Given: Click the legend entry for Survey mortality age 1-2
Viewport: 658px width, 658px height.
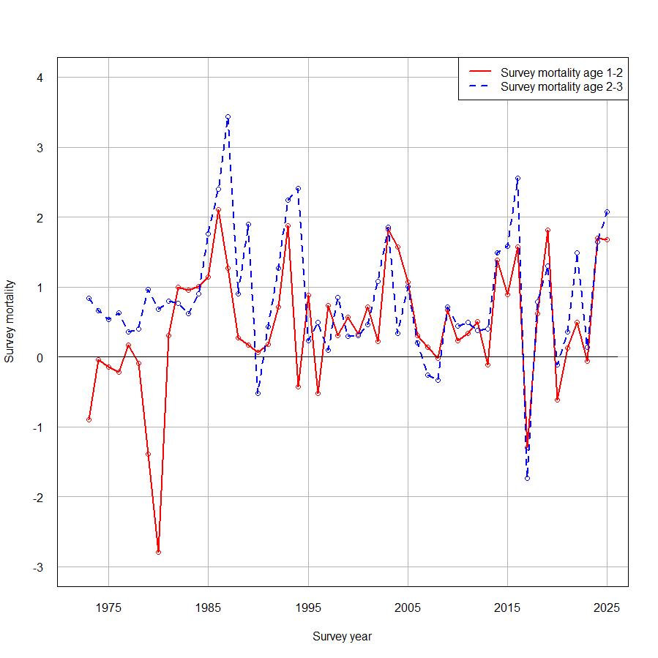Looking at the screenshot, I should [561, 72].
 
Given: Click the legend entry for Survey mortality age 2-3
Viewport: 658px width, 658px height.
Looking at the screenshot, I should [561, 86].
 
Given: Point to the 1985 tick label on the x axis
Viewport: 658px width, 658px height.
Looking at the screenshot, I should [209, 607].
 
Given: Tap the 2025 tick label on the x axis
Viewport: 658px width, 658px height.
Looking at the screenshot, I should [607, 607].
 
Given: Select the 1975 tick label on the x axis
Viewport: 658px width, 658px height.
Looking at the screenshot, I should [109, 607].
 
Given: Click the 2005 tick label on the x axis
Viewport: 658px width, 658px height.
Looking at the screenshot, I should [408, 607].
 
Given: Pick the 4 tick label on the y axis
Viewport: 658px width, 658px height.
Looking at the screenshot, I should [41, 78].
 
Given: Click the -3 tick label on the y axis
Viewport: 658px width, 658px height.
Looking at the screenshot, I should [39, 567].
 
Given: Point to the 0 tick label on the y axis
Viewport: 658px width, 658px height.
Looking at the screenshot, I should [41, 357].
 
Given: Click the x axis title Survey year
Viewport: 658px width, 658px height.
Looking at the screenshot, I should [342, 637].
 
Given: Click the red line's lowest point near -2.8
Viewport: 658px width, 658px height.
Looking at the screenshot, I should [158, 553].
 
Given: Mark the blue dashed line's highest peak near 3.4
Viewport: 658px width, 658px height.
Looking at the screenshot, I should [228, 117].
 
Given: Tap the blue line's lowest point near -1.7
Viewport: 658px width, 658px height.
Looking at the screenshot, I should [527, 478].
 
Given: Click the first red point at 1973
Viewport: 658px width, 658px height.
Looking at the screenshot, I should [89, 419].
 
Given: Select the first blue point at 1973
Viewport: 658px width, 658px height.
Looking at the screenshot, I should [89, 299].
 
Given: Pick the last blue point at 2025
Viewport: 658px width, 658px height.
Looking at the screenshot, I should [607, 212].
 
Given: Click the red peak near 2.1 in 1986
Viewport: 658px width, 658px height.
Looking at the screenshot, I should [218, 210].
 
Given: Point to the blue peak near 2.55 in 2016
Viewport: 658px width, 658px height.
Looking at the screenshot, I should [517, 179].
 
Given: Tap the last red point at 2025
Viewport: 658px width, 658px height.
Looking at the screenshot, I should [607, 240].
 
